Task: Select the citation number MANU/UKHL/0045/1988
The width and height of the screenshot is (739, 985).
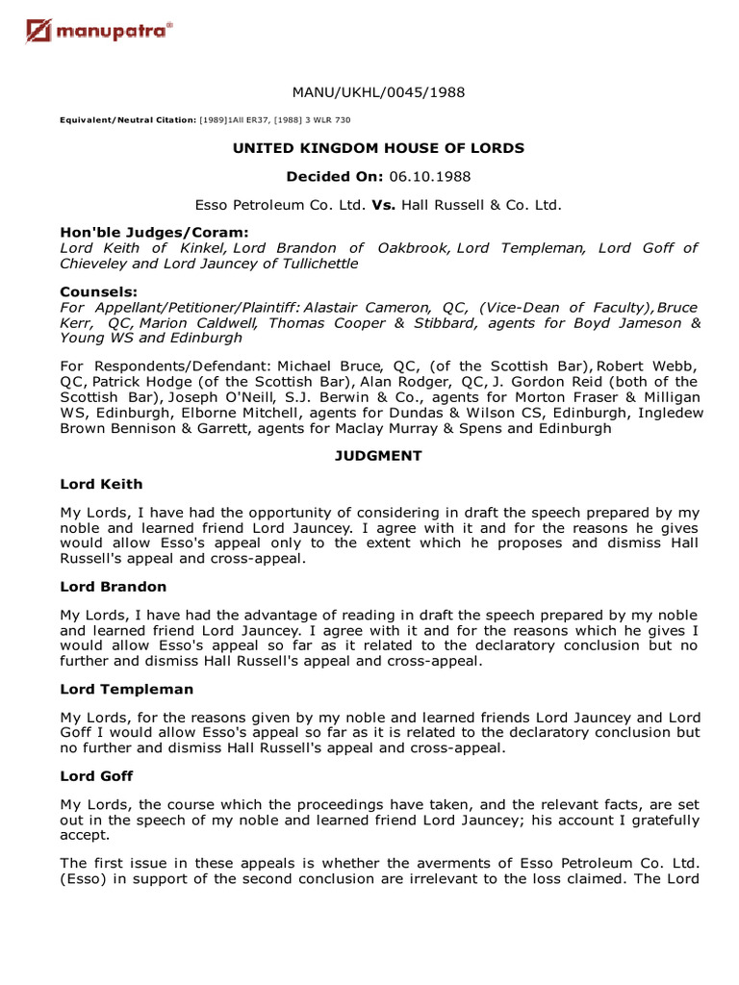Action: pos(378,92)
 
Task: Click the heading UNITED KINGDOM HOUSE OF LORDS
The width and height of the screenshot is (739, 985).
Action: pos(378,148)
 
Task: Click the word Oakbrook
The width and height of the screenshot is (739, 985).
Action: pos(413,248)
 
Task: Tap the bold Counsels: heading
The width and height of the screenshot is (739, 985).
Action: pos(98,291)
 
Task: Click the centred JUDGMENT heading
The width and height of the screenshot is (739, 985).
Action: pos(378,456)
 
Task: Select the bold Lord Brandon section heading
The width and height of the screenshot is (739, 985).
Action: pos(114,587)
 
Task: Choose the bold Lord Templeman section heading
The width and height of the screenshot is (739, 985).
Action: pos(127,690)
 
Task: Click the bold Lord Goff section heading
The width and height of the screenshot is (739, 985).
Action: pos(96,775)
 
